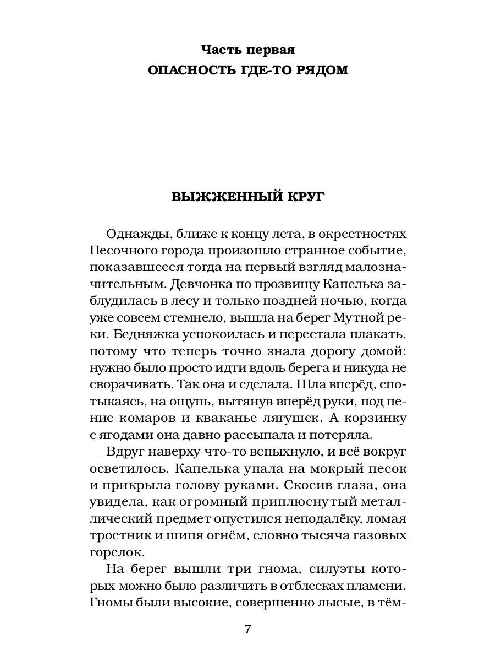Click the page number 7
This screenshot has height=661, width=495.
click(x=248, y=629)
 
